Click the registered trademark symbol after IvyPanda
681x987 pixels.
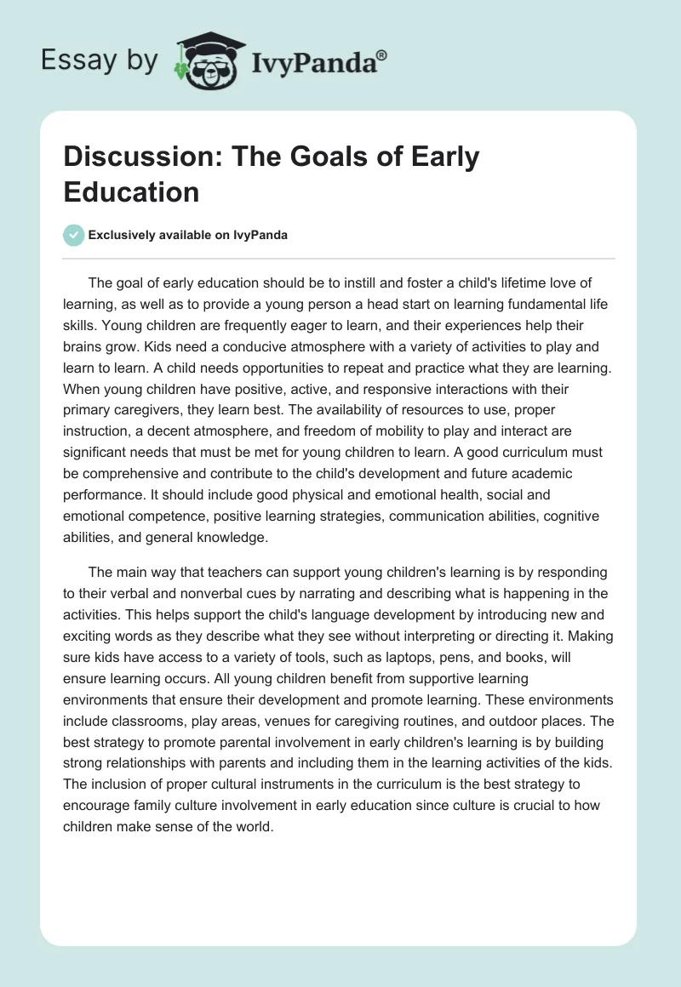coord(381,57)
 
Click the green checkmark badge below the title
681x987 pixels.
coord(74,235)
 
